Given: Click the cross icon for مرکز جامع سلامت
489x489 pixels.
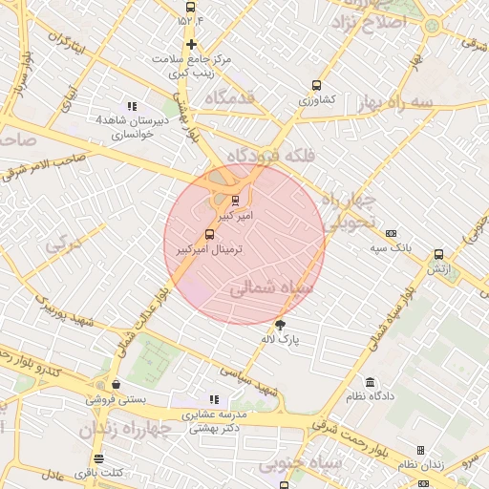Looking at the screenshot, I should pos(192,44).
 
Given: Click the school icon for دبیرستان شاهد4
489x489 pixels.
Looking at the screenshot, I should pos(132,106).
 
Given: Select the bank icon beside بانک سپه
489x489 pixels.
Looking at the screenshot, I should pos(391,233).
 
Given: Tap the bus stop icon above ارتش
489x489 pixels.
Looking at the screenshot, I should pos(438,255).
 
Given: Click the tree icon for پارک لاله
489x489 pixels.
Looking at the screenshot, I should pos(280,325).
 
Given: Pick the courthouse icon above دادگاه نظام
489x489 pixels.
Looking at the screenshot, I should pos(371,381).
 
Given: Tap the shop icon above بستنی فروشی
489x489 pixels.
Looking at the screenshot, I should pos(116,385).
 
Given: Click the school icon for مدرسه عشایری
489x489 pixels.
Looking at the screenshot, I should pos(214,399).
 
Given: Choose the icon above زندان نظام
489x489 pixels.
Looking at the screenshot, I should pos(420,450).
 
